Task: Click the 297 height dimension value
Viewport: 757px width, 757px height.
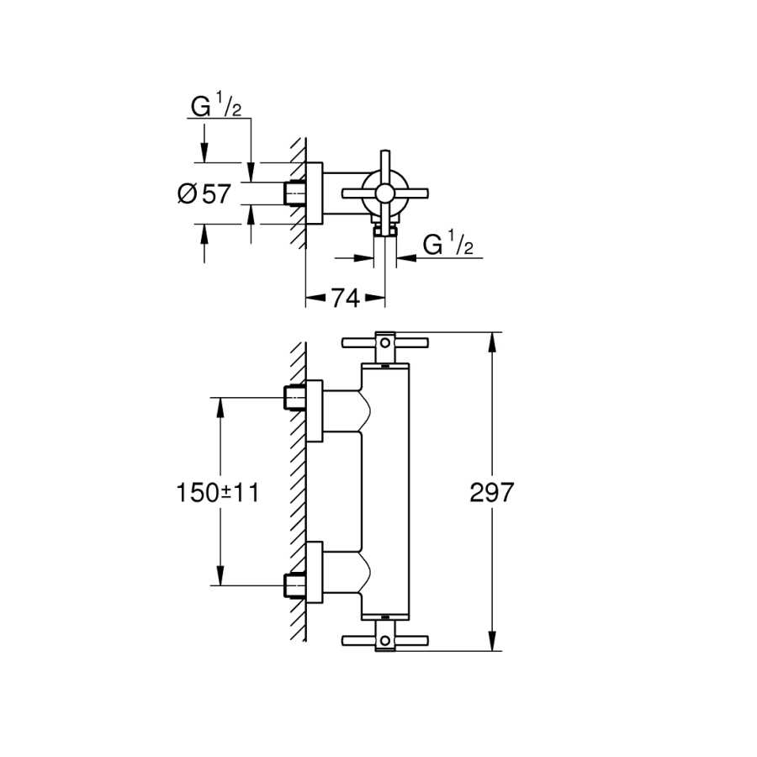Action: pyautogui.click(x=491, y=492)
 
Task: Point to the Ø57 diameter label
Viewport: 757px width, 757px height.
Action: pyautogui.click(x=204, y=194)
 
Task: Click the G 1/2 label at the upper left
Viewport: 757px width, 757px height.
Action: pyautogui.click(x=217, y=108)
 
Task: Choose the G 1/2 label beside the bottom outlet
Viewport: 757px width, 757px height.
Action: pyautogui.click(x=448, y=245)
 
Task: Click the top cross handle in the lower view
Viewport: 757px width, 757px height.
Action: pyautogui.click(x=384, y=342)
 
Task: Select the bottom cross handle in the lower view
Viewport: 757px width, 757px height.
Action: pyautogui.click(x=384, y=639)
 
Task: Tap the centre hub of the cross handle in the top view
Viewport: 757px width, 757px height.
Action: pyautogui.click(x=384, y=194)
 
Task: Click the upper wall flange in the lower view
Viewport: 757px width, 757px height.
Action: pyautogui.click(x=314, y=411)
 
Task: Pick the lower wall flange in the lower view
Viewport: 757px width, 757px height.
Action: pyautogui.click(x=314, y=572)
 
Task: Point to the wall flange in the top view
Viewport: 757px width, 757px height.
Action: pyautogui.click(x=314, y=194)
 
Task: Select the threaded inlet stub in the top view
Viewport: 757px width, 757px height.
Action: pyautogui.click(x=294, y=194)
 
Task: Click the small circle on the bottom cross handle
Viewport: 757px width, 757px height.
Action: pyautogui.click(x=384, y=641)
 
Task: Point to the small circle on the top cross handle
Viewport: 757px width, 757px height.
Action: pyautogui.click(x=384, y=342)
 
